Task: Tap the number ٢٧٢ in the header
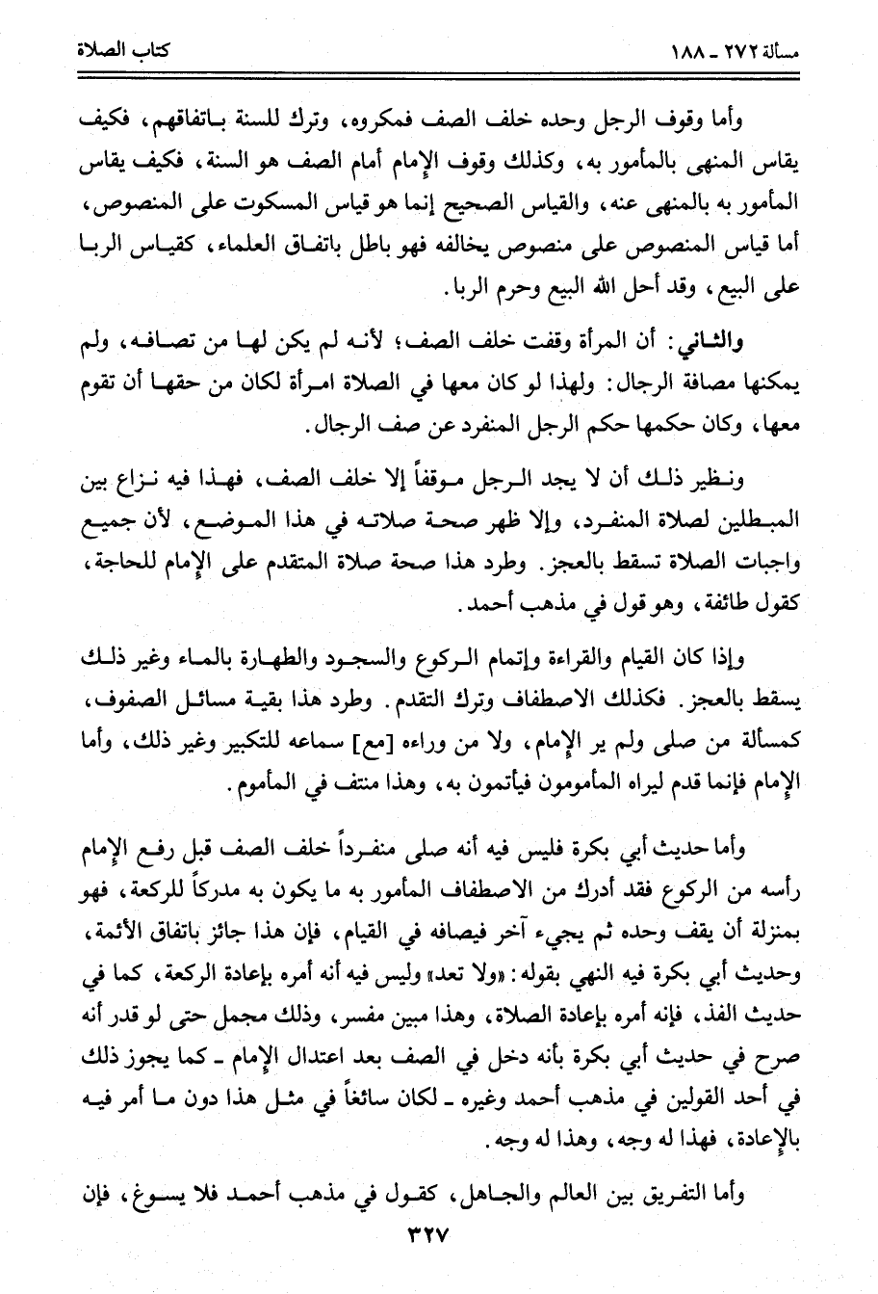tap(744, 51)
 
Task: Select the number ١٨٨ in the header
tap(692, 51)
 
